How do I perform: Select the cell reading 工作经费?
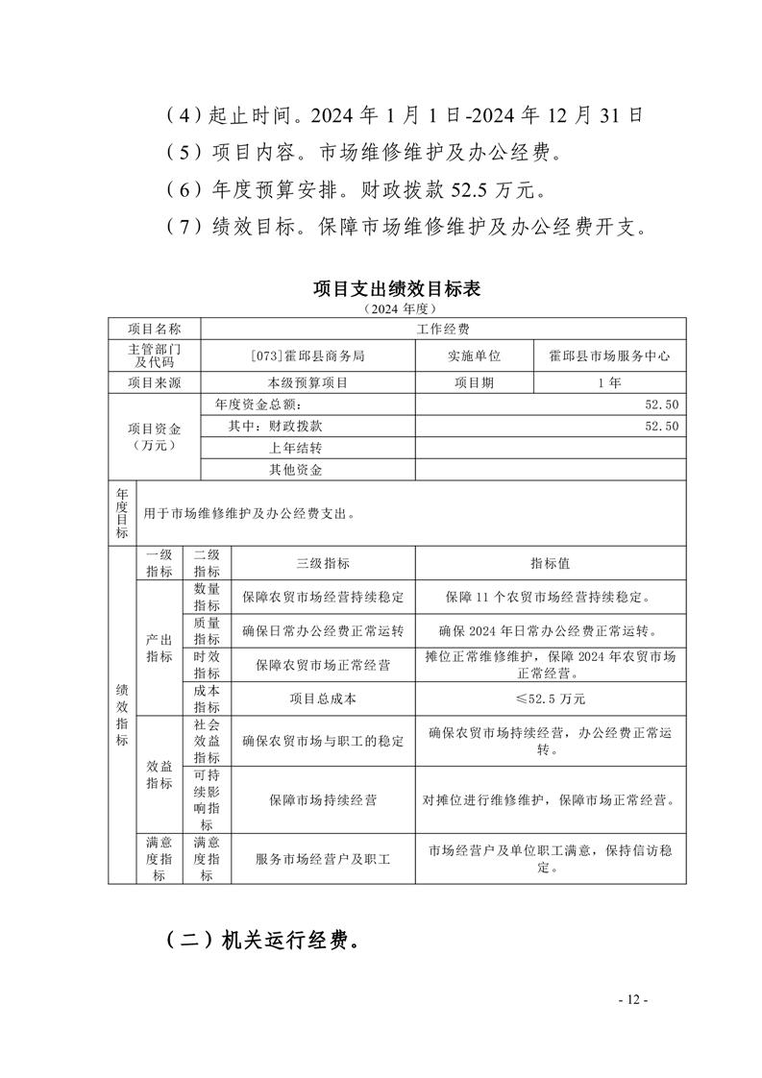click(x=443, y=329)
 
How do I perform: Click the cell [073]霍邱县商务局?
click(x=307, y=355)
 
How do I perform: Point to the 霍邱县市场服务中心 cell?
click(x=609, y=355)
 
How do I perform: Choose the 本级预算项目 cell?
click(x=307, y=382)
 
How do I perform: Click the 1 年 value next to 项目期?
click(x=609, y=382)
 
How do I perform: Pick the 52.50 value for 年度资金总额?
click(x=662, y=404)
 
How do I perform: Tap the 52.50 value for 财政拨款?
click(x=662, y=426)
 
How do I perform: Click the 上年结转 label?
click(x=295, y=448)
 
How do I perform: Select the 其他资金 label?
click(x=295, y=470)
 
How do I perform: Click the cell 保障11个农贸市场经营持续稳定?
click(x=551, y=597)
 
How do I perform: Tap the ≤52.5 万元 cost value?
click(x=551, y=698)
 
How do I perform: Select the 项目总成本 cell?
click(x=323, y=698)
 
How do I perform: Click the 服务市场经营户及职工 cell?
click(x=323, y=859)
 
